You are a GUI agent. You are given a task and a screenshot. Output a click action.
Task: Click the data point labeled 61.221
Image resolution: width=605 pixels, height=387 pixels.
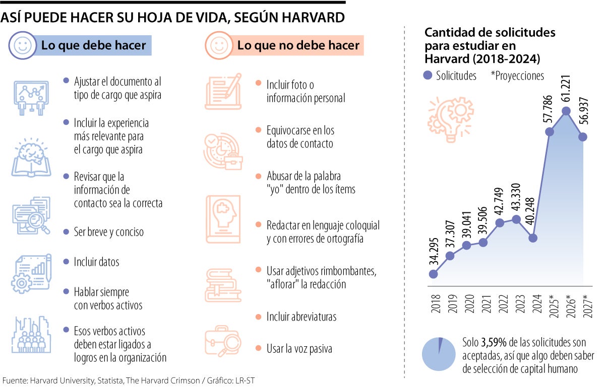566,111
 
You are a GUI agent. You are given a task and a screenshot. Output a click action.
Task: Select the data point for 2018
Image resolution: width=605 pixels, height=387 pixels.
433,274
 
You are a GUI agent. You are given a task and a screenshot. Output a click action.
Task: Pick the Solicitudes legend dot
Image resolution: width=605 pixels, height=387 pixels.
429,75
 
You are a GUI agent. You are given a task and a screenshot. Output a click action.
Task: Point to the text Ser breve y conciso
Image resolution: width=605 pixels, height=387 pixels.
109,232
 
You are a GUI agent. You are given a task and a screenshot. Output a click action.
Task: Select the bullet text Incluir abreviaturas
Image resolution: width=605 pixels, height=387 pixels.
301,317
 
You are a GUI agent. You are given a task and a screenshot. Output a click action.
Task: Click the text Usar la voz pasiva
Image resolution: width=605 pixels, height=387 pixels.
299,348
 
